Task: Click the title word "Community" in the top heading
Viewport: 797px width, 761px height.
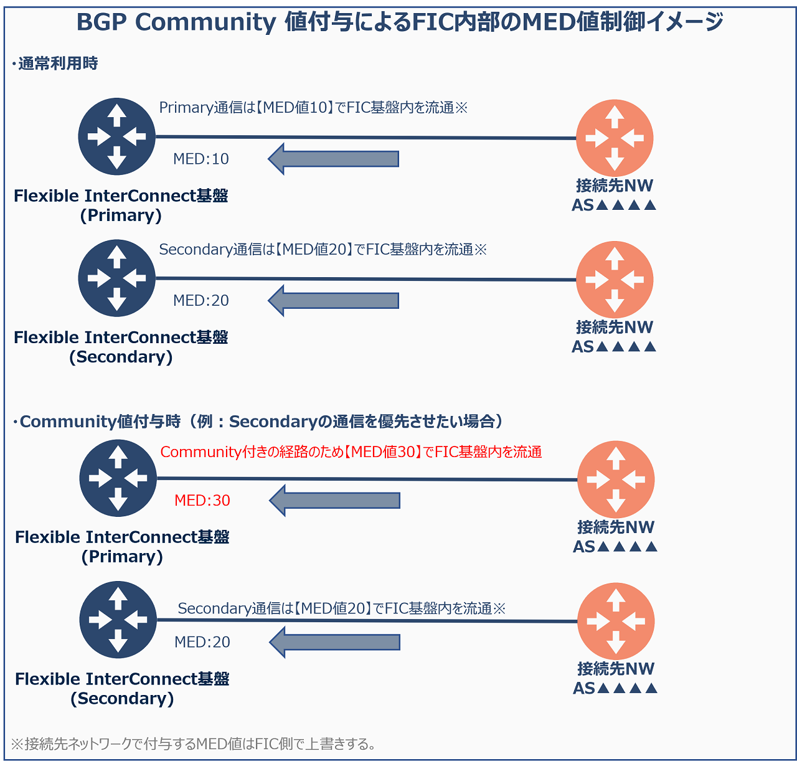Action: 205,22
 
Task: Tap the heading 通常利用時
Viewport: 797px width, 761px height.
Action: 57,64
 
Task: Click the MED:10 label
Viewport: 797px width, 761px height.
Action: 201,159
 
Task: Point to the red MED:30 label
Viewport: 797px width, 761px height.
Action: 202,500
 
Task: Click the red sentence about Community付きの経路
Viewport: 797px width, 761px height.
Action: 351,452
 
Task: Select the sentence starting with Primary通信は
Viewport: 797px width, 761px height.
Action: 313,108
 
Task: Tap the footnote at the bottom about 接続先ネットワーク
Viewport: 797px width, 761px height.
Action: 193,744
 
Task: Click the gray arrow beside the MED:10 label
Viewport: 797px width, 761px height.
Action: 334,159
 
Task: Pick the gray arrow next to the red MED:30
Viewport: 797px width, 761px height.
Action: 335,500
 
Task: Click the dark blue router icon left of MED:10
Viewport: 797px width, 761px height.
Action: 116,136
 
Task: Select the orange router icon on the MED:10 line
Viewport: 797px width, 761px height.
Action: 615,138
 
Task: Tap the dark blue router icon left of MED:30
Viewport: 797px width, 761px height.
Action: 118,478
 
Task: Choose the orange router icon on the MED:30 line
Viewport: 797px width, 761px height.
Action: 616,480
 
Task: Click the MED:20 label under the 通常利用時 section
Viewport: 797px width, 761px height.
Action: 201,300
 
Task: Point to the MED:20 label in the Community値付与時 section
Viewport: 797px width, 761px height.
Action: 202,642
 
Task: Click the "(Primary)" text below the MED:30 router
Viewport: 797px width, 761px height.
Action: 122,556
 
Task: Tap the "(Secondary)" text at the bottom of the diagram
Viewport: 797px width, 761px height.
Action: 122,698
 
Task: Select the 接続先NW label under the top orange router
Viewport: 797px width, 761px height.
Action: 615,186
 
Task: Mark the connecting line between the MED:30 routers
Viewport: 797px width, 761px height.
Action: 367,479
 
